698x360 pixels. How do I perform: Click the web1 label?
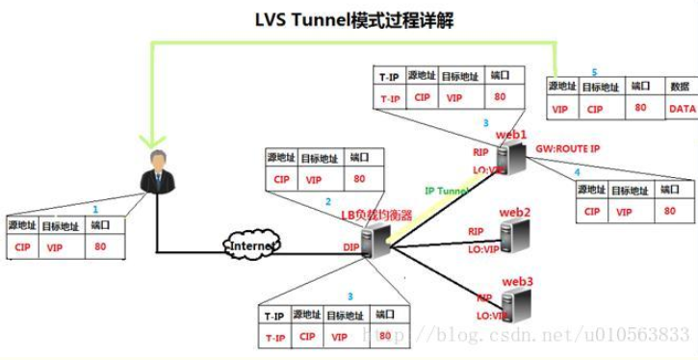[x=511, y=135]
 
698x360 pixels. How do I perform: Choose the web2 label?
[x=515, y=211]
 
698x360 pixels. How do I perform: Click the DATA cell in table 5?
[x=682, y=109]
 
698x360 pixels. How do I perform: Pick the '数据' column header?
[x=680, y=87]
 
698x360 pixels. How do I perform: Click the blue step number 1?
[x=94, y=208]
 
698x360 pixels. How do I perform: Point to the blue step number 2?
[x=327, y=202]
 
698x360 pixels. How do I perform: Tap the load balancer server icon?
[x=377, y=244]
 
